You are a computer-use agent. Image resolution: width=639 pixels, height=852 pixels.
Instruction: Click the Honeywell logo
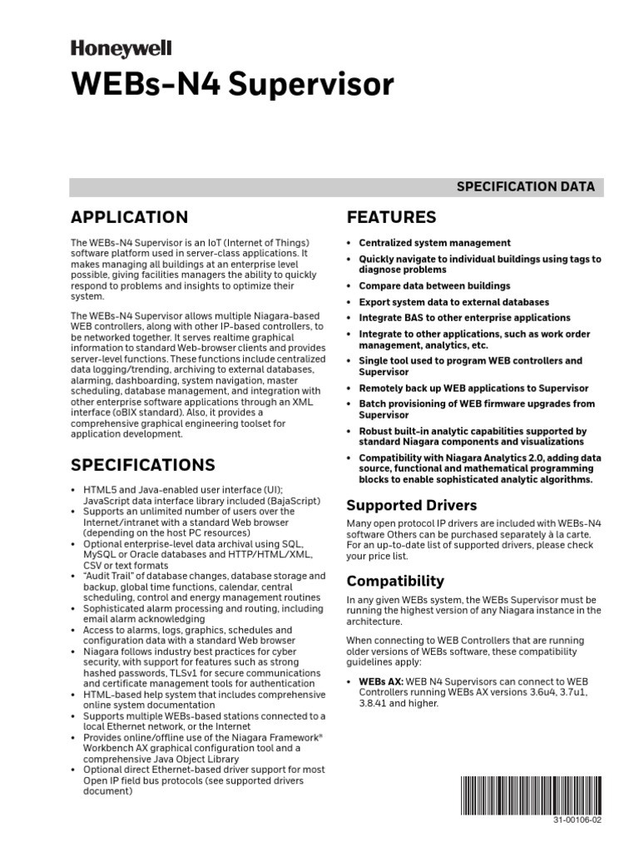[123, 50]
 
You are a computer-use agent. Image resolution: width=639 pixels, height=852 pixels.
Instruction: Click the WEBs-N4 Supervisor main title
[232, 85]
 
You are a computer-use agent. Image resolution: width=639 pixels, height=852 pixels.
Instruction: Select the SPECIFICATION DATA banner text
[525, 186]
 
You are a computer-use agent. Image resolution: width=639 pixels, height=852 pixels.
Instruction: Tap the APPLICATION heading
[129, 218]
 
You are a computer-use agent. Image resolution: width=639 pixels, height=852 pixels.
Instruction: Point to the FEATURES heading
[390, 218]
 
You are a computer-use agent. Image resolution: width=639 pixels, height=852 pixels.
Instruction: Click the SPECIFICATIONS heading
[142, 464]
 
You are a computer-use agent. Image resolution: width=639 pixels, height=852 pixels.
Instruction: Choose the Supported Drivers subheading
[411, 505]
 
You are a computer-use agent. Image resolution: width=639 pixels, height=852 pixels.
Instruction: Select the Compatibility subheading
[395, 581]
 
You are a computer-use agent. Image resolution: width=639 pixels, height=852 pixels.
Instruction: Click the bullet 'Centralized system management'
[434, 243]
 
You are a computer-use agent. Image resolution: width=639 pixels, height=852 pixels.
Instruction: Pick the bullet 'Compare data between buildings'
[434, 285]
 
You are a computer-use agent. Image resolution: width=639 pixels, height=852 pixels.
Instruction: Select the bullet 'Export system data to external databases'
[453, 302]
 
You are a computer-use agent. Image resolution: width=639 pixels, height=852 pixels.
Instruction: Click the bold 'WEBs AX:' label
[381, 681]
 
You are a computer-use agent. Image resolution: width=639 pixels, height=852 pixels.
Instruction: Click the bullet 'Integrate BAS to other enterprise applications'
[464, 318]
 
